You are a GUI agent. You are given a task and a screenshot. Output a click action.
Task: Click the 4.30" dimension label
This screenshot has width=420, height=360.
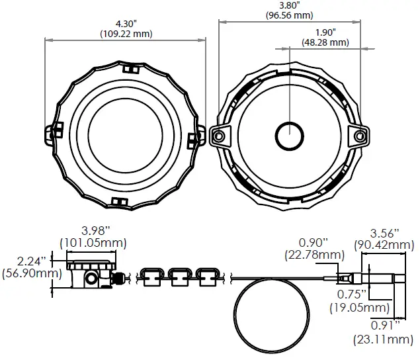coord(125,24)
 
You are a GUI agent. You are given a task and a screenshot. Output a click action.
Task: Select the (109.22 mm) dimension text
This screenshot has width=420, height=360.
coord(125,34)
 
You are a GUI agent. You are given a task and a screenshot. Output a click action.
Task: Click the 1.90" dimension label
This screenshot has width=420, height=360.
coord(325,32)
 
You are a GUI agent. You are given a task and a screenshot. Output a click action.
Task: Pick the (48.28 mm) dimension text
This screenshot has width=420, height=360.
coord(325,42)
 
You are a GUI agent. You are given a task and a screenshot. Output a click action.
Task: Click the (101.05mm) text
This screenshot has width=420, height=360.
coord(93,243)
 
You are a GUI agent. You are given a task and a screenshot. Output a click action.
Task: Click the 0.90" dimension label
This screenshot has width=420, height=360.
coord(314,242)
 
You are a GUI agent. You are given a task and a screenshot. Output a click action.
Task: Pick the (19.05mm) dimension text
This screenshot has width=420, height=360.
coord(360,308)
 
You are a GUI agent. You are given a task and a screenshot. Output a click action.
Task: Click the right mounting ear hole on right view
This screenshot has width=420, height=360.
coord(359,136)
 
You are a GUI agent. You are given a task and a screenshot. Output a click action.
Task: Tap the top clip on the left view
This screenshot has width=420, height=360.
coord(130,68)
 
